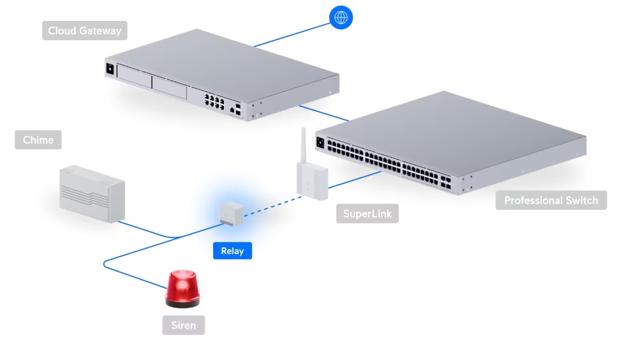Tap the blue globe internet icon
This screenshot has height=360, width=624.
coord(341,17)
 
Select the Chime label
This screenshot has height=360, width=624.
coord(38,140)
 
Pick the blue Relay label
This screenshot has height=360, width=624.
coord(232,251)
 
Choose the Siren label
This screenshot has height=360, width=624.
coord(184,325)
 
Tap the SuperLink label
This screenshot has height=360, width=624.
coord(367,213)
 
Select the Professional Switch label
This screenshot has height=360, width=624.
coord(551,200)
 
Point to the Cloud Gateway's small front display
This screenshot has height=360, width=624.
coord(109,68)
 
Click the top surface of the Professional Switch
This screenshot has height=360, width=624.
coord(447,128)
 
